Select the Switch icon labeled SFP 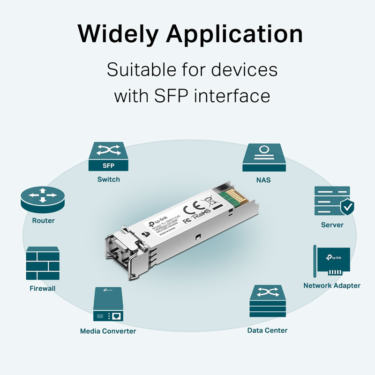(108, 157)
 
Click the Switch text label (108, 180)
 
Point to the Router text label (43, 221)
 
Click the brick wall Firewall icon (43, 263)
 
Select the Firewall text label (42, 289)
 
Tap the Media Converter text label (108, 331)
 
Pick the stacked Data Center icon (267, 302)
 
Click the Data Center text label (267, 330)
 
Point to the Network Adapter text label (331, 285)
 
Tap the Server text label (332, 225)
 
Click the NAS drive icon (264, 157)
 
